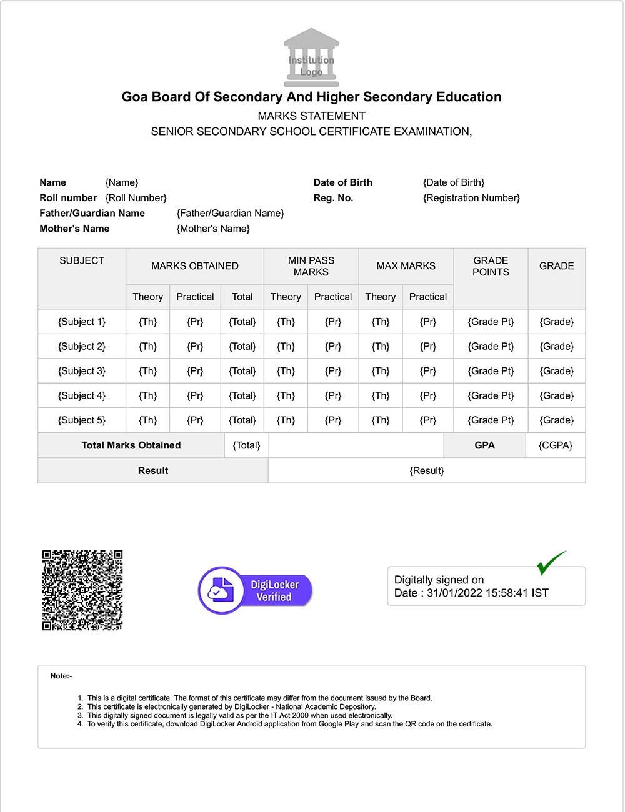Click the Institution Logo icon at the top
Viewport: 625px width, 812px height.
click(x=311, y=58)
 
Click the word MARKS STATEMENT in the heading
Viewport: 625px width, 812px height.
click(x=311, y=116)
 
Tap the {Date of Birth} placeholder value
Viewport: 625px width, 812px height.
click(x=454, y=182)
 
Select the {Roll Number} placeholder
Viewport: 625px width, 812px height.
click(x=136, y=198)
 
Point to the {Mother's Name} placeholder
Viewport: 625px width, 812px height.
click(x=213, y=229)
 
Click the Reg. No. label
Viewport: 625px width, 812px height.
click(x=333, y=198)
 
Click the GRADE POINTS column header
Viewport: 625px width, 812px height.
click(x=491, y=266)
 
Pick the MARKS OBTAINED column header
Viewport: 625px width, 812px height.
click(x=195, y=266)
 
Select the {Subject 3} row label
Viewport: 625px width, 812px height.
click(x=82, y=371)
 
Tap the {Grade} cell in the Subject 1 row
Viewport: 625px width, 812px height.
click(x=556, y=322)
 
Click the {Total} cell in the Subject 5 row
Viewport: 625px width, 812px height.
click(x=242, y=420)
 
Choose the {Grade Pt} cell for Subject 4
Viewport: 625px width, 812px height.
click(x=491, y=395)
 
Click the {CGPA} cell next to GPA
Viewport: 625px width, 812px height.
click(x=556, y=445)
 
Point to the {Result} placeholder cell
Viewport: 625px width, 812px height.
click(x=427, y=470)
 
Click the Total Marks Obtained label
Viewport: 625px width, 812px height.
click(x=131, y=445)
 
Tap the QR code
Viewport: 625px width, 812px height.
click(x=82, y=590)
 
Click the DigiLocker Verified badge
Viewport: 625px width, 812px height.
click(x=255, y=590)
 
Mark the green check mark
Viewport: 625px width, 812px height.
click(x=551, y=562)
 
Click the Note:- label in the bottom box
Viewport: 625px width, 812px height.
click(x=61, y=676)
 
